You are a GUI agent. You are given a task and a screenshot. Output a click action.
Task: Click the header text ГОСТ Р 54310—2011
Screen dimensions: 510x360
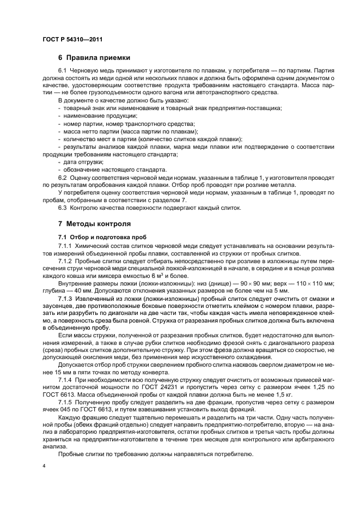pyautogui.click(x=72, y=40)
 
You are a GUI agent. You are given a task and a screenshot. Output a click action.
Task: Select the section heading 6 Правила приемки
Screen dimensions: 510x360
pyautogui.click(x=94, y=58)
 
